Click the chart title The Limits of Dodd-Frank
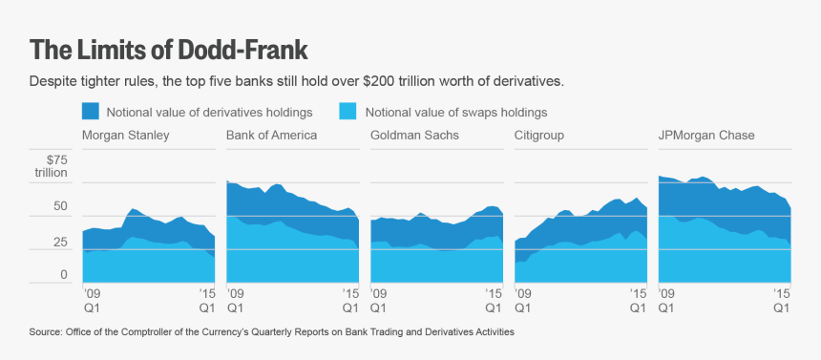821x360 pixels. pos(169,49)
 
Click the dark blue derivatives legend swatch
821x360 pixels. pos(92,111)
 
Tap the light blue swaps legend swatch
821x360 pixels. pos(348,111)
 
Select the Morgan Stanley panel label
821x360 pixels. pos(126,136)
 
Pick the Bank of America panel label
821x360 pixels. pos(271,136)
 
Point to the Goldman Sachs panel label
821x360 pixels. pos(414,136)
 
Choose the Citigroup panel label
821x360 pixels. pos(539,136)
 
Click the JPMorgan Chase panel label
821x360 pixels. pos(706,136)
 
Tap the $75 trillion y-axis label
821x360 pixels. pos(52,166)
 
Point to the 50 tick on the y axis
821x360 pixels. pos(60,207)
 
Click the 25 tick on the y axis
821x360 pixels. pos(60,243)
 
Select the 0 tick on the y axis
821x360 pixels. pos(64,276)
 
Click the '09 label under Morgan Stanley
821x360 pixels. pos(91,295)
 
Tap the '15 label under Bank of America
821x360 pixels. pos(350,295)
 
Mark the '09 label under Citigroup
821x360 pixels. pos(522,295)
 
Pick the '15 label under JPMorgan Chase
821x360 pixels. pos(781,295)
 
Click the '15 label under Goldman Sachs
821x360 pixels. pos(494,295)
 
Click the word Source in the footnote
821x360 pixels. pos(45,332)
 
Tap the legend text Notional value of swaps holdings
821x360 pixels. pos(455,111)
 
